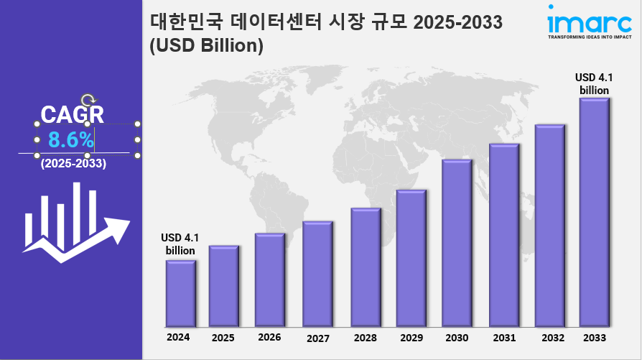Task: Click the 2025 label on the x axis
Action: [223, 337]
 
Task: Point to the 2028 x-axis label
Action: [365, 337]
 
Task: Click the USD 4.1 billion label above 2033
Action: [595, 83]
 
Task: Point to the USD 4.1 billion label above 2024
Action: [180, 244]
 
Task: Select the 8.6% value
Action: [70, 139]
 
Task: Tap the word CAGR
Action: [72, 114]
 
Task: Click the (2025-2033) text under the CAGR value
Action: [73, 164]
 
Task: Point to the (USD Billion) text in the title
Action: [207, 45]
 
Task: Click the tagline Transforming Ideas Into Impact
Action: [580, 36]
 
